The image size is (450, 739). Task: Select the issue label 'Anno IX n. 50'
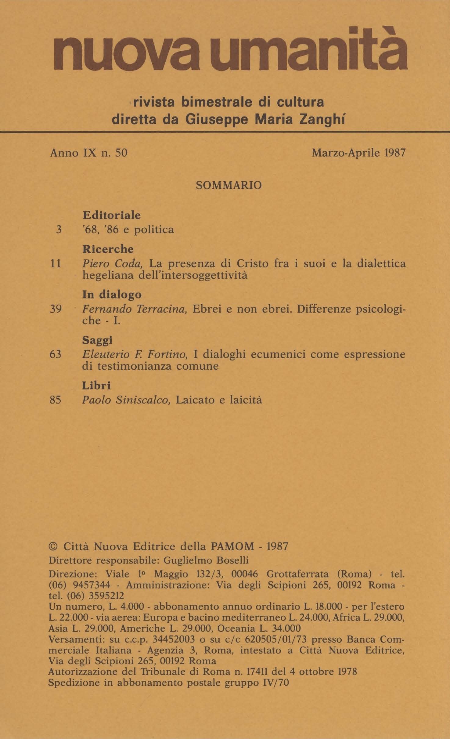coord(88,153)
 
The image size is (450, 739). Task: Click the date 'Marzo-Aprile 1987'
coord(358,153)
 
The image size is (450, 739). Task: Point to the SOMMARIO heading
coord(229,185)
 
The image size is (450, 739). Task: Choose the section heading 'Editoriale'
coord(112,216)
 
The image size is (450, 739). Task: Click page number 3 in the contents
coord(59,230)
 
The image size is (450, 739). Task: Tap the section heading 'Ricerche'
coord(108,249)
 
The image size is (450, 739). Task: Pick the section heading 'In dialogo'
coord(112,295)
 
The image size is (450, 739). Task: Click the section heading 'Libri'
coord(96,386)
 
